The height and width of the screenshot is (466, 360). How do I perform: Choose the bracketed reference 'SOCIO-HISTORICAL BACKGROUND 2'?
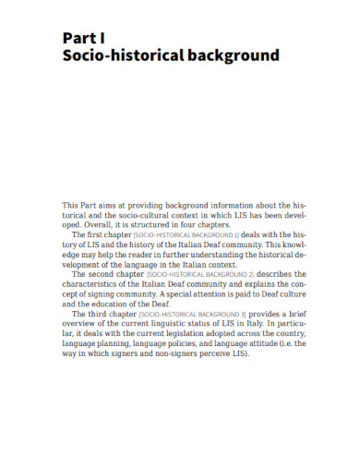189,274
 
